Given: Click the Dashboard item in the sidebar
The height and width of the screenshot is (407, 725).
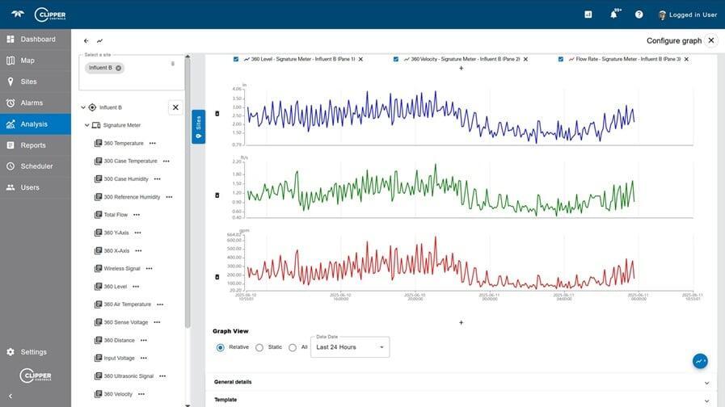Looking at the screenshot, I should (x=37, y=39).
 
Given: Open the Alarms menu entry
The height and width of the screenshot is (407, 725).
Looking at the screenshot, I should (x=32, y=103).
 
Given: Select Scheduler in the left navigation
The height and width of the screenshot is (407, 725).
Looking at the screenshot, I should (x=36, y=166).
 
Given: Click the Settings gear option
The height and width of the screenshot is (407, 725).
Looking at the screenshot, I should (x=33, y=352).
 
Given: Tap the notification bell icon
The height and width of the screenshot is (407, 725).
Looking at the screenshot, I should (x=613, y=15).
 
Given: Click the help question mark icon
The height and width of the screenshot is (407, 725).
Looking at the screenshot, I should (x=639, y=15).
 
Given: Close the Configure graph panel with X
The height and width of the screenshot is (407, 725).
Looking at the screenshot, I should (x=711, y=40).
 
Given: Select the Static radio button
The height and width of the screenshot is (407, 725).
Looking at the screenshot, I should (x=259, y=347).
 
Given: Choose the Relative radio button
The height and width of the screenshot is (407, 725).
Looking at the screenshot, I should (x=220, y=347).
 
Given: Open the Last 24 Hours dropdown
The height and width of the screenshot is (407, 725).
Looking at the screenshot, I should (x=350, y=347).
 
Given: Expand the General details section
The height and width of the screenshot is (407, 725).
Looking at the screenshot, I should (x=461, y=382).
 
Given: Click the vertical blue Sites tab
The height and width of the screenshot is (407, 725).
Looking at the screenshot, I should (x=198, y=127).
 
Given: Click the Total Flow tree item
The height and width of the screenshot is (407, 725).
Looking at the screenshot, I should (x=116, y=215).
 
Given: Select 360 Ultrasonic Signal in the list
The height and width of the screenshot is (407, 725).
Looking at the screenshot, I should (x=128, y=376).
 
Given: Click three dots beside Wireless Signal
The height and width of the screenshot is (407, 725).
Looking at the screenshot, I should (x=149, y=268).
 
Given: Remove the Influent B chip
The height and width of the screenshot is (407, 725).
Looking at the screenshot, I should (x=119, y=68).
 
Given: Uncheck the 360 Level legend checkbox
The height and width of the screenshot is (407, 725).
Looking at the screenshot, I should (x=236, y=59).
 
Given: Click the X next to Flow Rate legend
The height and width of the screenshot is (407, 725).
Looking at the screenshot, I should (x=686, y=59).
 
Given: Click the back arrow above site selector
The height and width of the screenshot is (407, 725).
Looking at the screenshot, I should (x=86, y=40).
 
